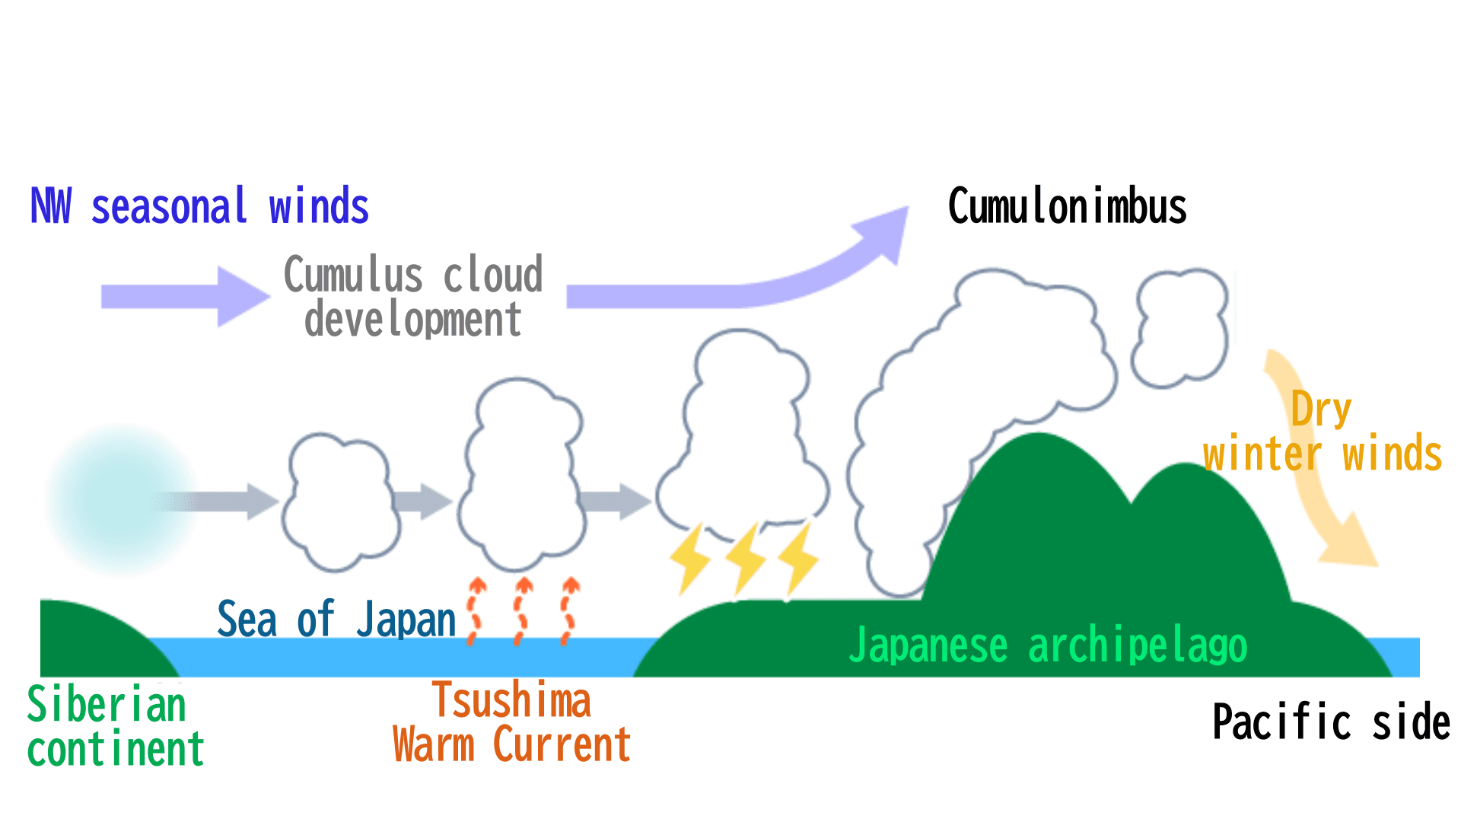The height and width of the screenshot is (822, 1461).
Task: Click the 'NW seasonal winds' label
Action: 199,206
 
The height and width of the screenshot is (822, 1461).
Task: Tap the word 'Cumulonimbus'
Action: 1067,206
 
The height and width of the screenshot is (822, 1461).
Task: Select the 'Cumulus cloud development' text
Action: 413,297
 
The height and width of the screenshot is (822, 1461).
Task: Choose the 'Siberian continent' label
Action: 114,726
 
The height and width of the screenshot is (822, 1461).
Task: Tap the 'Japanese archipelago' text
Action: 1048,645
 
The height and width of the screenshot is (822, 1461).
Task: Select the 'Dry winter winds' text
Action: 1323,432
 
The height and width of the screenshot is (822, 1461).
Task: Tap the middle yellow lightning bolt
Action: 745,559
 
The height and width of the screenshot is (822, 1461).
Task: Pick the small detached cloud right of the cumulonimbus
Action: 1179,327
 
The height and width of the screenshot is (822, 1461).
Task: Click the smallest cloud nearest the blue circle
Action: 340,502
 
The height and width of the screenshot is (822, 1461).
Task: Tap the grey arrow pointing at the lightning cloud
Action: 616,501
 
